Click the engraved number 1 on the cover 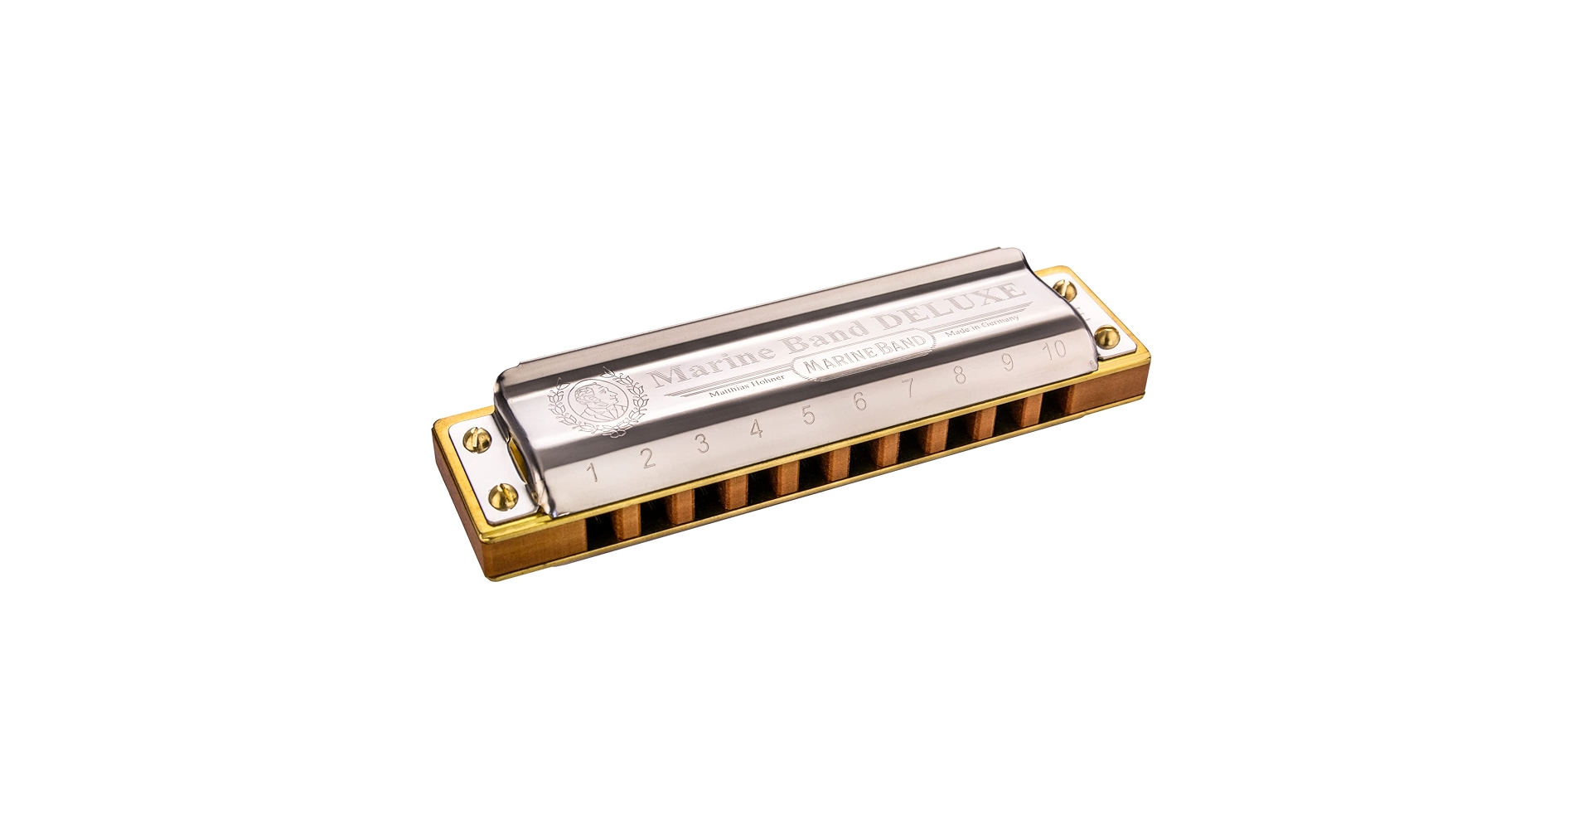[x=593, y=473]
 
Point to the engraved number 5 [x=808, y=414]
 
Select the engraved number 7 [x=909, y=387]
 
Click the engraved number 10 [x=1055, y=349]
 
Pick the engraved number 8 [x=960, y=375]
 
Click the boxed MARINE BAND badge [x=859, y=364]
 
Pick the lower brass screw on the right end [x=1104, y=335]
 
